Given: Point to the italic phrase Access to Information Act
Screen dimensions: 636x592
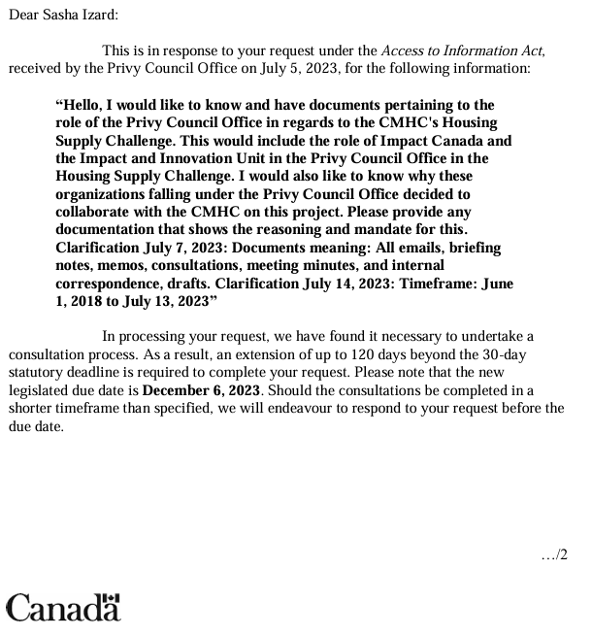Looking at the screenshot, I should (x=462, y=50).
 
